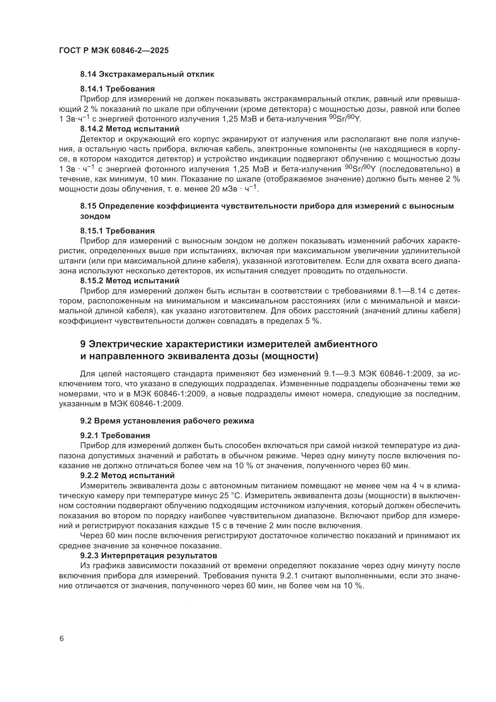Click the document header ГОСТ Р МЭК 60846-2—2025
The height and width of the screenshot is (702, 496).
point(114,51)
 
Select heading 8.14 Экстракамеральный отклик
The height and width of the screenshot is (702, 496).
point(147,74)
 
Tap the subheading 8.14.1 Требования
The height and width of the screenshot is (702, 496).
point(118,89)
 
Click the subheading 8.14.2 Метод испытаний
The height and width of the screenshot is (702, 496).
point(130,129)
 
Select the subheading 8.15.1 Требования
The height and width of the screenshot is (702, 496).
point(118,231)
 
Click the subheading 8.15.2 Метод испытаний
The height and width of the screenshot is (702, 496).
point(130,280)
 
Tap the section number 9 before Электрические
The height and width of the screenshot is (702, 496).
point(83,344)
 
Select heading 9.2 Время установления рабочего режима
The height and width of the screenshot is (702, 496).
point(167,421)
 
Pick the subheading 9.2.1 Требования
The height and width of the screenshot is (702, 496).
point(115,435)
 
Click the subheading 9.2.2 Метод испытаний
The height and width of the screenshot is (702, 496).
point(127,475)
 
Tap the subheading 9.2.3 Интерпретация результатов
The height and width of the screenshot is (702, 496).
point(149,555)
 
